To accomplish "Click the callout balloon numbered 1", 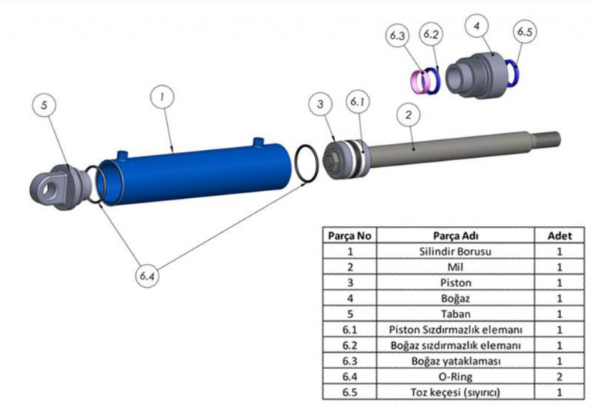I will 162,98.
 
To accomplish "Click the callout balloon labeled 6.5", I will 524,32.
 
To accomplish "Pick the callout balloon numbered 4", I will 477,26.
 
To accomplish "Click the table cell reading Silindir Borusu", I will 454,251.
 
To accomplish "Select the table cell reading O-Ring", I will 454,377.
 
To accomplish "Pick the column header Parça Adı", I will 454,234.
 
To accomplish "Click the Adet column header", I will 558,234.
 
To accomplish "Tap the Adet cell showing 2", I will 558,377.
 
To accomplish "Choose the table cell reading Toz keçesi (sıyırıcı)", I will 454,392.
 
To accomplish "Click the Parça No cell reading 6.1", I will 349,330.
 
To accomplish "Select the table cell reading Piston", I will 454,282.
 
